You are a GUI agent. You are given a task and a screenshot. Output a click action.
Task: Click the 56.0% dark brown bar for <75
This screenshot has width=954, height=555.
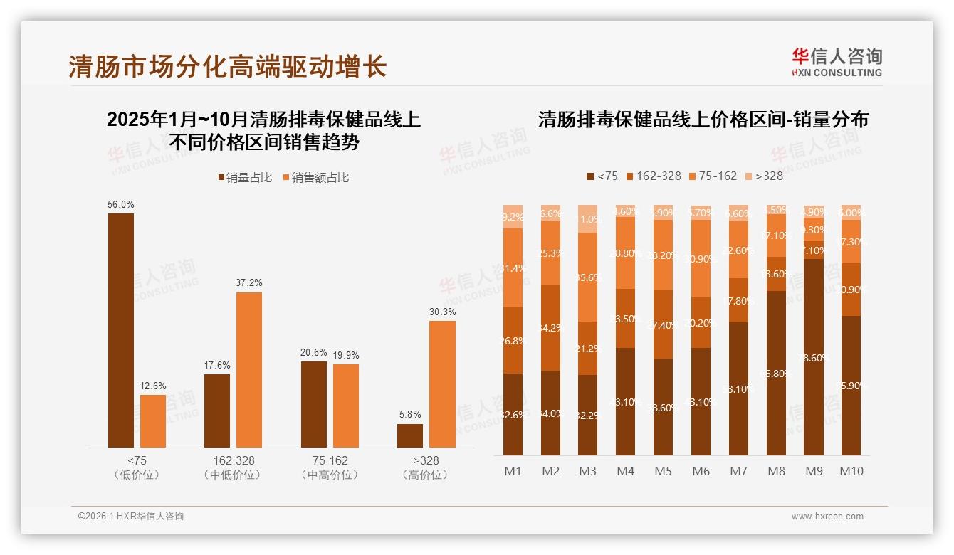click(x=120, y=330)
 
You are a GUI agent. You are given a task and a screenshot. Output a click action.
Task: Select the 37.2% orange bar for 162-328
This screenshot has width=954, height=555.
click(x=249, y=370)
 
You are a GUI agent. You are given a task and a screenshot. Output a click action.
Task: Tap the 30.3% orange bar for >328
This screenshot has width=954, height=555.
click(x=442, y=384)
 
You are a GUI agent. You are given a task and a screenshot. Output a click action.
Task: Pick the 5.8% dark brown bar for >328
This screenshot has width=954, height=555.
click(x=410, y=435)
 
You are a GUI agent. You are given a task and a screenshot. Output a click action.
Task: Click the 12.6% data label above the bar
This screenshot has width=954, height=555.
click(x=152, y=386)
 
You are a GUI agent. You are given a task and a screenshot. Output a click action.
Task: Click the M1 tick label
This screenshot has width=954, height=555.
click(x=513, y=471)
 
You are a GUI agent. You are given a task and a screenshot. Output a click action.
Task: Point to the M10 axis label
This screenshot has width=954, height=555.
click(x=851, y=471)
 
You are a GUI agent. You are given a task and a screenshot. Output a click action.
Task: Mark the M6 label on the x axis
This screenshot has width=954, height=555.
click(x=701, y=471)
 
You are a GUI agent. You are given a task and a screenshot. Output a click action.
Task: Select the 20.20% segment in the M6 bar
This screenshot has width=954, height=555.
click(x=701, y=322)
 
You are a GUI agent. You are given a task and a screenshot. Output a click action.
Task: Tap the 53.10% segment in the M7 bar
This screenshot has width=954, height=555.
click(x=738, y=388)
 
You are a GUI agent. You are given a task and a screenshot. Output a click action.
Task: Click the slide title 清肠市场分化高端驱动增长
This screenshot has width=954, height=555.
click(x=228, y=67)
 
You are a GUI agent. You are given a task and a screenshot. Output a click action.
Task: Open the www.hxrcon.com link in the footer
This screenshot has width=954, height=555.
click(x=827, y=517)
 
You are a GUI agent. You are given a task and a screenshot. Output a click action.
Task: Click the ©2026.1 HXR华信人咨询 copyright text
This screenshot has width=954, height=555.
click(x=131, y=517)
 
